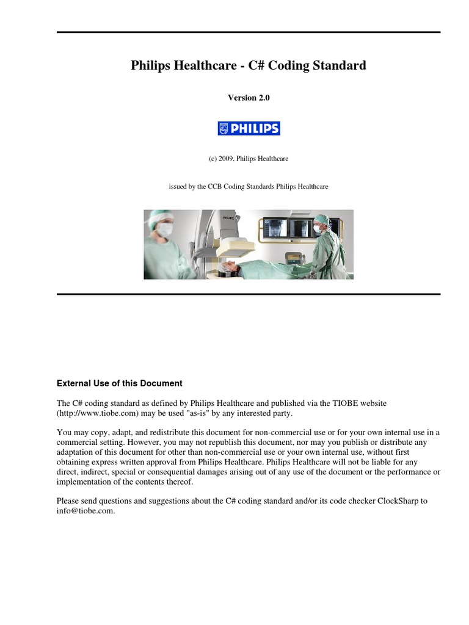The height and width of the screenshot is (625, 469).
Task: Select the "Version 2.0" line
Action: pos(249,98)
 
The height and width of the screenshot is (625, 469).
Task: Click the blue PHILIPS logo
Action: pos(249,128)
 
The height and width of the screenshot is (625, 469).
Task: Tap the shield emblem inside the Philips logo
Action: pos(224,128)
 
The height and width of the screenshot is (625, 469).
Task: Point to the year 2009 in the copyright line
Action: pos(225,159)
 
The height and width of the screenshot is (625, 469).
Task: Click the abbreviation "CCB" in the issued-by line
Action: pos(214,187)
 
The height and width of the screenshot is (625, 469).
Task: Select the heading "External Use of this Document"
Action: pos(119,383)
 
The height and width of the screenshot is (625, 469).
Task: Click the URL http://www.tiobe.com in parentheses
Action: pos(98,413)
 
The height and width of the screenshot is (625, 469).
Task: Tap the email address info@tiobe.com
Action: pos(85,511)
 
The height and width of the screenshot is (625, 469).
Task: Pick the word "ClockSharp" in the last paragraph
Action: pos(398,501)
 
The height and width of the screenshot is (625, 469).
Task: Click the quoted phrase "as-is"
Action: pos(197,413)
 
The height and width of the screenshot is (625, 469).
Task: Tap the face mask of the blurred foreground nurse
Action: pos(165,229)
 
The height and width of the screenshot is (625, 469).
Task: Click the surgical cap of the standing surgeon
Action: pos(321,219)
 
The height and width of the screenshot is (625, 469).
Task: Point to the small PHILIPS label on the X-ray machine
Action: pos(228,218)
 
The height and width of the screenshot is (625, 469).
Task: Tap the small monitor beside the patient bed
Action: pos(294,258)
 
